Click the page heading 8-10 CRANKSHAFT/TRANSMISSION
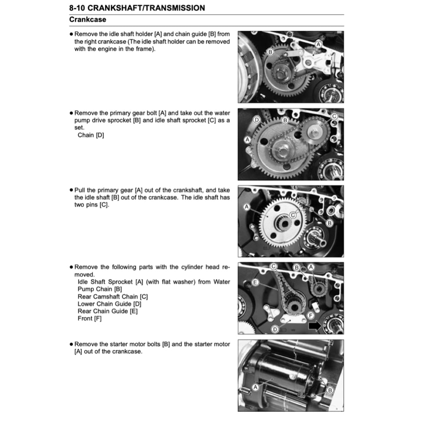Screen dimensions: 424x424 137,8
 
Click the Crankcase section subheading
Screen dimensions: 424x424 87,19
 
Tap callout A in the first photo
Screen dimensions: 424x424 318,44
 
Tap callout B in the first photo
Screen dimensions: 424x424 270,52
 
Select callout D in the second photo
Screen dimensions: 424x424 257,120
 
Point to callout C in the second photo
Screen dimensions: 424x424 334,117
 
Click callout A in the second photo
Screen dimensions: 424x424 248,140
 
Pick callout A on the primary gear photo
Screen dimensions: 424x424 247,206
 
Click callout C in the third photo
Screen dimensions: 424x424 293,214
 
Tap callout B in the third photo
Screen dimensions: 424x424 330,223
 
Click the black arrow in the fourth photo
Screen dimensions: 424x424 315,326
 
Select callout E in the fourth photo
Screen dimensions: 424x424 255,282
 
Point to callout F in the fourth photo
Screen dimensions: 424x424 311,315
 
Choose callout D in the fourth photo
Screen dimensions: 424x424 275,329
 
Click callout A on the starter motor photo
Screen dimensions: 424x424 255,386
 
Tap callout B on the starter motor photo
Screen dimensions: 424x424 330,390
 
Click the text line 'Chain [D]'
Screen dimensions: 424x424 91,135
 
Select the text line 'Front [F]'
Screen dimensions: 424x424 89,318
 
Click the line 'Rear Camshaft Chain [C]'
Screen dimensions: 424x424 113,296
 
